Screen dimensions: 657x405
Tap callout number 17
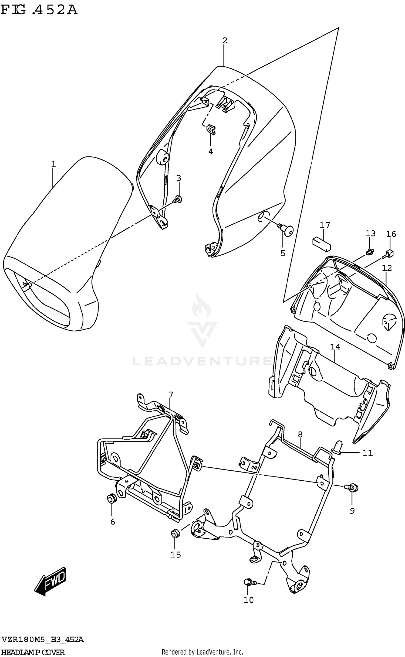(325, 225)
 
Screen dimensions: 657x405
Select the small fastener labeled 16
(389, 254)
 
